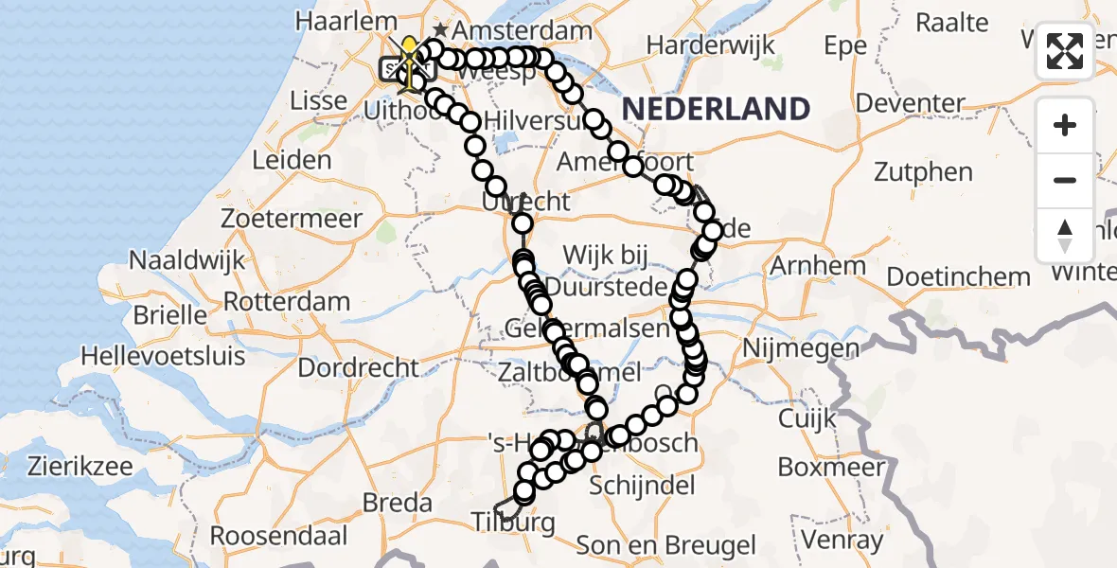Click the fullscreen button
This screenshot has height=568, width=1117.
1065,52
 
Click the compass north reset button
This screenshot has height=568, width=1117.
1065,236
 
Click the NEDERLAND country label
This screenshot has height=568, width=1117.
717,109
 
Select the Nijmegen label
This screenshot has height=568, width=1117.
803,349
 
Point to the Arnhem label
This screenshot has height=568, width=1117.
818,266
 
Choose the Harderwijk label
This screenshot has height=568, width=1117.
710,44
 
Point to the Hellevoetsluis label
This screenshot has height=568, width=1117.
163,356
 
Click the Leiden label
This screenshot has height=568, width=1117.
293,159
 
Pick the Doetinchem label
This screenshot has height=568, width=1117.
958,277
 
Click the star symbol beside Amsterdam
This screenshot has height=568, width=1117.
440,30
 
